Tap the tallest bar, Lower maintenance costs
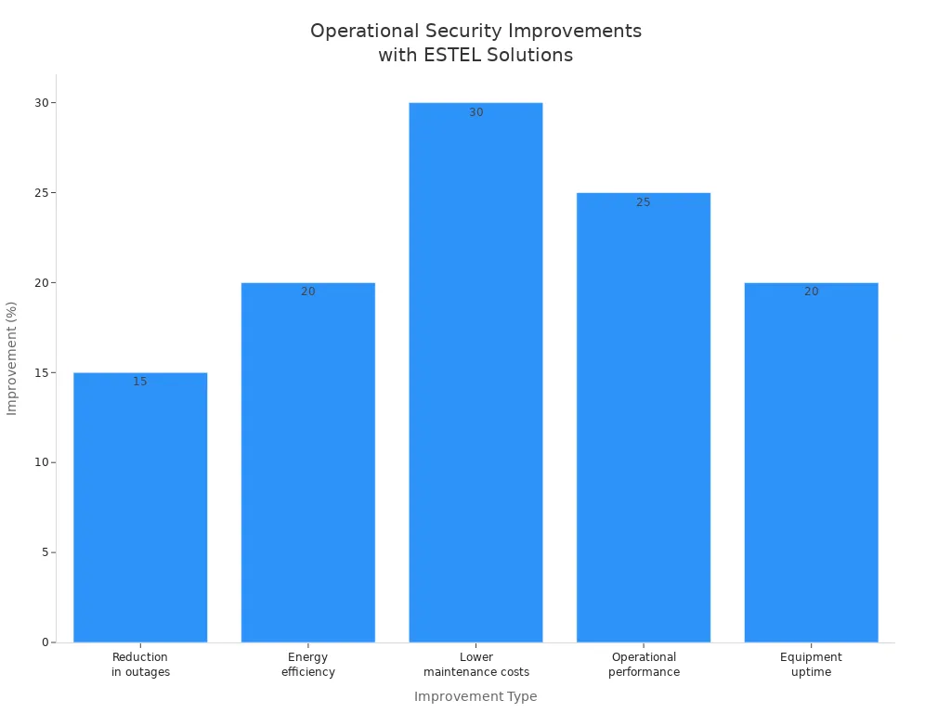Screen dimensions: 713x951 pyautogui.click(x=475, y=371)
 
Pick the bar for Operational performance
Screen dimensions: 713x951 pyautogui.click(x=644, y=418)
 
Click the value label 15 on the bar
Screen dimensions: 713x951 pyautogui.click(x=140, y=382)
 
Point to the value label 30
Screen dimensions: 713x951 pyautogui.click(x=475, y=112)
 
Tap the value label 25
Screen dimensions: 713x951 pyautogui.click(x=644, y=202)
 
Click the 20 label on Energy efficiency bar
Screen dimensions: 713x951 pyautogui.click(x=307, y=292)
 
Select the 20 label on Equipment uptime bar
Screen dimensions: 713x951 pyautogui.click(x=811, y=292)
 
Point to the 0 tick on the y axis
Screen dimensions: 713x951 pyautogui.click(x=45, y=642)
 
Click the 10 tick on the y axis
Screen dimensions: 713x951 pyautogui.click(x=42, y=462)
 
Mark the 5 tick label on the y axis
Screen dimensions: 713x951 pyautogui.click(x=45, y=552)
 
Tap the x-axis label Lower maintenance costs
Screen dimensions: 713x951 pyautogui.click(x=475, y=665)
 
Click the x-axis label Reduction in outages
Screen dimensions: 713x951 pyautogui.click(x=140, y=665)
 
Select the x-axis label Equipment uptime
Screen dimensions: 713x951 pyautogui.click(x=811, y=665)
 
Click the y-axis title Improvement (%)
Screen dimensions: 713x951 pyautogui.click(x=12, y=358)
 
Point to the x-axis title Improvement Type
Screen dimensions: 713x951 pyautogui.click(x=475, y=696)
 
